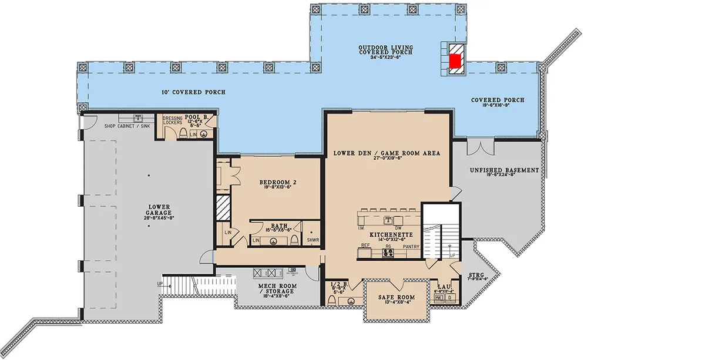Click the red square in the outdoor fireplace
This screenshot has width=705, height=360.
455,60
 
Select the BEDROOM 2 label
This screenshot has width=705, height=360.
277,183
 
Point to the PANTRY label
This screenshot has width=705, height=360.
411,247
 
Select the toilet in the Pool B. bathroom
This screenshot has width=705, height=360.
184,134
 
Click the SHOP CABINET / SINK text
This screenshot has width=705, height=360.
126,125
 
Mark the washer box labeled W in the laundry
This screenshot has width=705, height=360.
438,298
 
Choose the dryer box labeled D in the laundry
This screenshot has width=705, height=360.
450,298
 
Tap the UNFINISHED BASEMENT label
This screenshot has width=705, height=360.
504,170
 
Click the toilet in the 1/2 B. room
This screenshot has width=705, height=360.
333,301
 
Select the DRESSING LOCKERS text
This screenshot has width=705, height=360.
173,120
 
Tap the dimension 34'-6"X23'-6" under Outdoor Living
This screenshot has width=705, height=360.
385,58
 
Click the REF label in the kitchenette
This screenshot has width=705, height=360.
365,245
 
